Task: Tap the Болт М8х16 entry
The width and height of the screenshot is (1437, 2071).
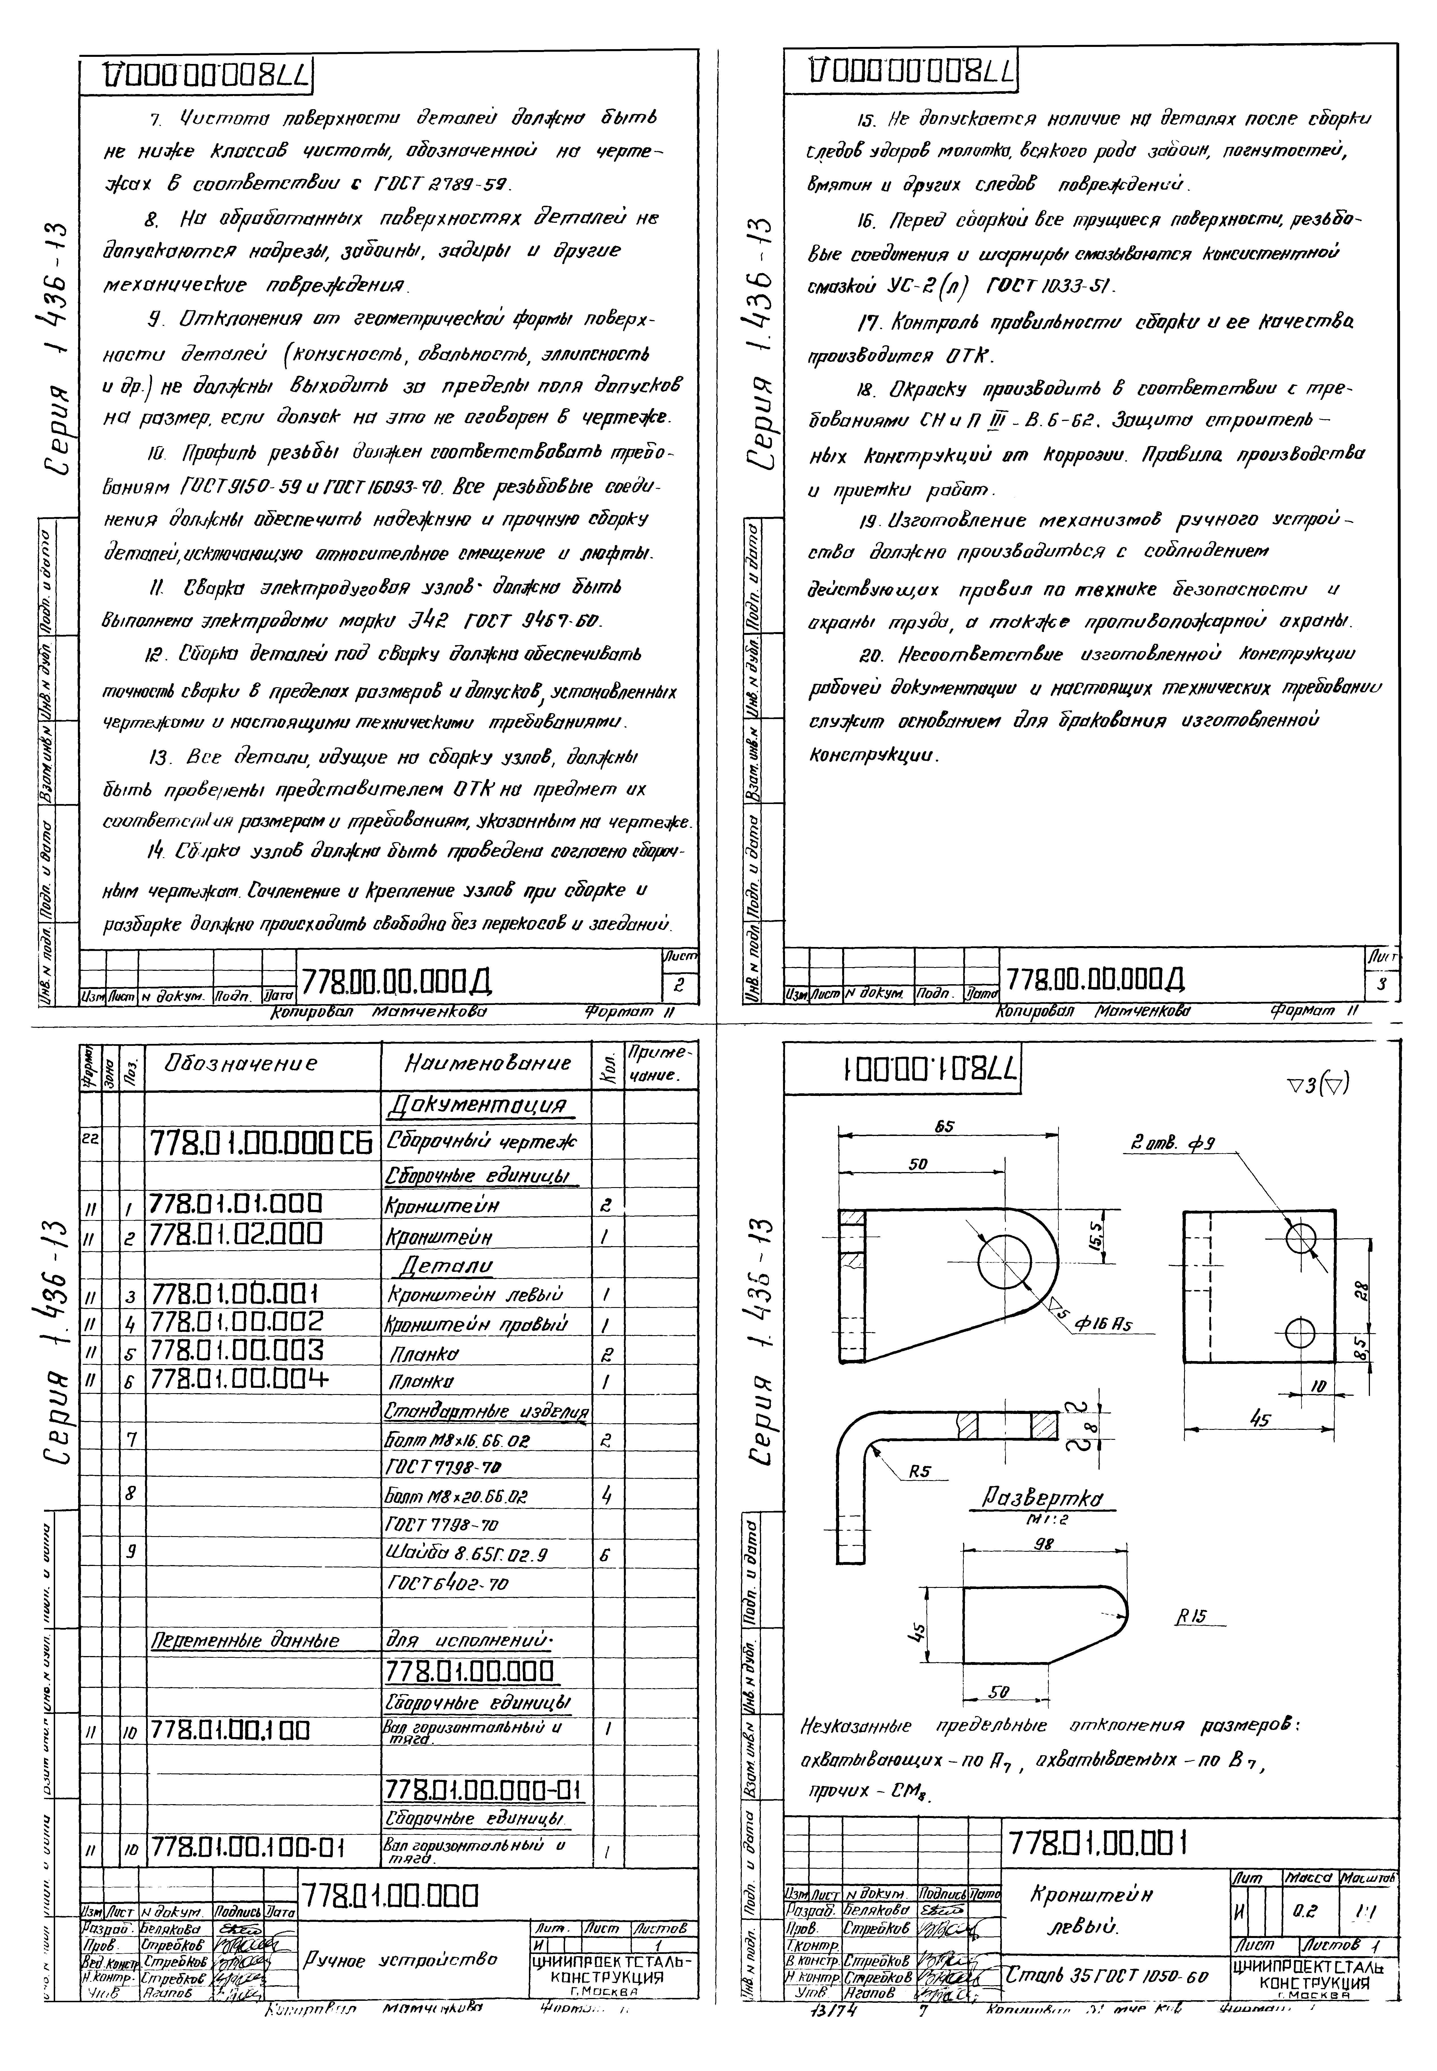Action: point(457,1440)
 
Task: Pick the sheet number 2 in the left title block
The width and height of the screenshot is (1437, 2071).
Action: point(680,985)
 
